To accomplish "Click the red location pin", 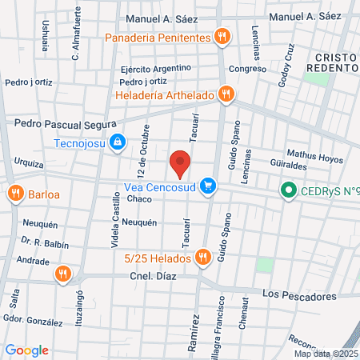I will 181,162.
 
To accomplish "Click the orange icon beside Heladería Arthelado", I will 226,94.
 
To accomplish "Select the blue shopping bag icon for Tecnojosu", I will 118,142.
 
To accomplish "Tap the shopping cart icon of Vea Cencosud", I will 208,186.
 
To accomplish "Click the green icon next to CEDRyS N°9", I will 286,190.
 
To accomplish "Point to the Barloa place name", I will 44,194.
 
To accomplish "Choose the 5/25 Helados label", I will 157,258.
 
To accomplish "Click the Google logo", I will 27,350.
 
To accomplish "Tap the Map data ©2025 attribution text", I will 326,354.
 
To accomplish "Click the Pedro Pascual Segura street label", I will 66,124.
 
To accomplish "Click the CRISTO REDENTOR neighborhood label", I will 336,63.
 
